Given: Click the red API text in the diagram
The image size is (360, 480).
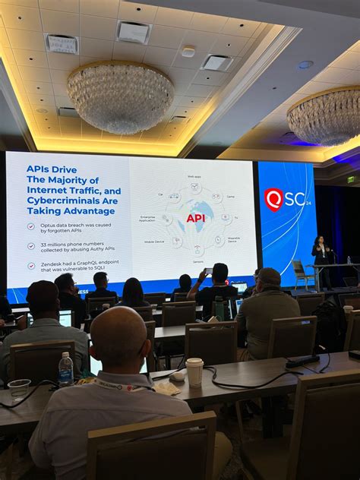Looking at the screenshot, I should [x=195, y=218].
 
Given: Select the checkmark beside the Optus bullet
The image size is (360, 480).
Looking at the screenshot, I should [x=30, y=226].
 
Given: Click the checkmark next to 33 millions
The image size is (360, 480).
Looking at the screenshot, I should [x=30, y=245].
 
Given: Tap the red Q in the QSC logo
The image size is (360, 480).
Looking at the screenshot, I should [x=273, y=199].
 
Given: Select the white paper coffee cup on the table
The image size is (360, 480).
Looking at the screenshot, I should [x=194, y=371].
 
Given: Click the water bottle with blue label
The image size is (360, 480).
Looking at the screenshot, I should [x=66, y=370].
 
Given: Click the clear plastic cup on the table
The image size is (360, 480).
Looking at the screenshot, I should [x=19, y=388].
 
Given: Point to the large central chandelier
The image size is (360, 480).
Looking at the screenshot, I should [x=120, y=96].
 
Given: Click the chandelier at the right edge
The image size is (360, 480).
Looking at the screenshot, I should [x=325, y=115].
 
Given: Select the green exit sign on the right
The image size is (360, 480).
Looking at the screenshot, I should [x=351, y=179].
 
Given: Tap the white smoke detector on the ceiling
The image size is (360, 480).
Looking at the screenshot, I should [x=188, y=52].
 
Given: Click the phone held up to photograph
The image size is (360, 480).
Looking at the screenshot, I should [x=208, y=271].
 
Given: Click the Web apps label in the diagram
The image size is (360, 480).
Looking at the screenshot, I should [x=194, y=176].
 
